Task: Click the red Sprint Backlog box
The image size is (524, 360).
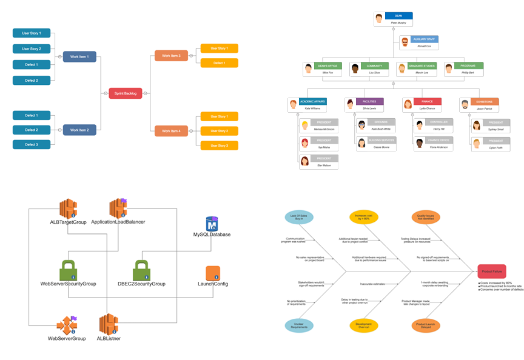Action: (x=126, y=93)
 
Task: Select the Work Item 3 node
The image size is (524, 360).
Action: (x=171, y=56)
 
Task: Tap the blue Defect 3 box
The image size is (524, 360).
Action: (x=32, y=144)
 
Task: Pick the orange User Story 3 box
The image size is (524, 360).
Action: (x=219, y=145)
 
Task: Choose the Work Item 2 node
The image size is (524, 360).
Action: (x=79, y=130)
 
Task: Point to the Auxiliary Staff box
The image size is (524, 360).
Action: (x=419, y=42)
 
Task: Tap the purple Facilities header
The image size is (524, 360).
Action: (x=369, y=102)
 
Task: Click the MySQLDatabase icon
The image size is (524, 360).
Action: (x=212, y=224)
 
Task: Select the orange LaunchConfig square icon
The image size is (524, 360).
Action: (x=212, y=273)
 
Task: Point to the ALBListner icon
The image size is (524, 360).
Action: (x=109, y=324)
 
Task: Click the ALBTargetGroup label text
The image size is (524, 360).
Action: (x=68, y=222)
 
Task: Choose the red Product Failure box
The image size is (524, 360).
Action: (x=491, y=272)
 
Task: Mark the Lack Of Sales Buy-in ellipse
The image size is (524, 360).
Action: (x=299, y=217)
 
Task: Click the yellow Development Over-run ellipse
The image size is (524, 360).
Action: (x=363, y=325)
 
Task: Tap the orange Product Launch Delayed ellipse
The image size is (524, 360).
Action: (x=426, y=325)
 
